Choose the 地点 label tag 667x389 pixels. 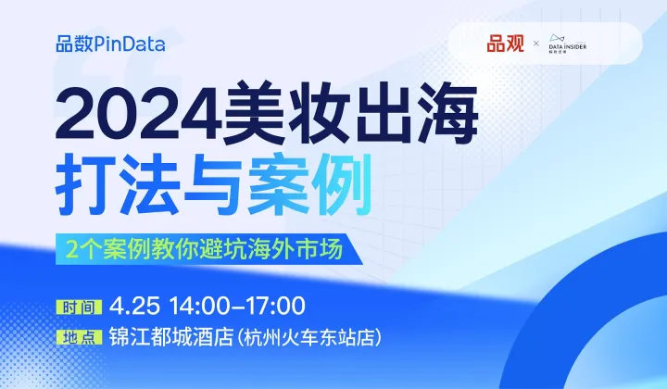coord(78,335)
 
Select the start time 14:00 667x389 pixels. coord(193,307)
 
